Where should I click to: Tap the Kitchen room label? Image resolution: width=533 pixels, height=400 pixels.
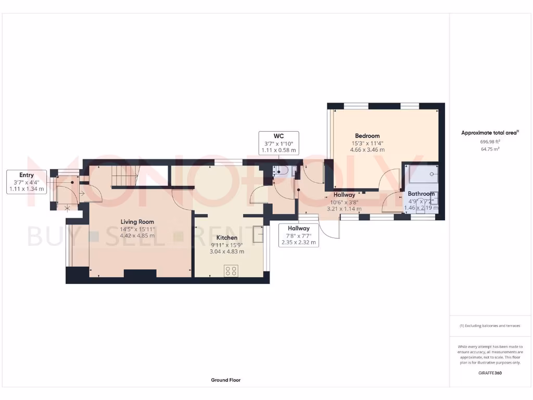[x=226, y=238]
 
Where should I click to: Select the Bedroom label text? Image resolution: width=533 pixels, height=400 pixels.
[x=368, y=136]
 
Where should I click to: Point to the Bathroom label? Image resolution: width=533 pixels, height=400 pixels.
[x=421, y=194]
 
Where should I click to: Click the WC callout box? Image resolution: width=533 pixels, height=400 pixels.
[x=278, y=143]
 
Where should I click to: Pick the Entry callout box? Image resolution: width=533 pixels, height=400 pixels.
[x=27, y=182]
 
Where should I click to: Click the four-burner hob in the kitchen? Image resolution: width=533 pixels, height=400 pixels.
[x=231, y=271]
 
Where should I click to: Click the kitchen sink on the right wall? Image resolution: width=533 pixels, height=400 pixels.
[x=258, y=235]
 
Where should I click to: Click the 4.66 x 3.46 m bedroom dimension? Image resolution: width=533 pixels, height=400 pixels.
[x=368, y=149]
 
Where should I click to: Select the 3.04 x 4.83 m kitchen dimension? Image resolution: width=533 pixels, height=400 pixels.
[x=226, y=251]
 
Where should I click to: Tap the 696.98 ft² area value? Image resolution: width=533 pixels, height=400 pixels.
[x=490, y=141]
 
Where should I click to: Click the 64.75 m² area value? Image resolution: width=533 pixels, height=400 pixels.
[x=490, y=149]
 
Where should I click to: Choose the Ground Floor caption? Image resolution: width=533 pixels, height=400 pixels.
[x=226, y=380]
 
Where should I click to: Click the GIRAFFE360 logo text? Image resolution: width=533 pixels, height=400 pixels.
[x=490, y=373]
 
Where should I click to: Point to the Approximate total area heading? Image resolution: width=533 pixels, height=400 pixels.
[x=489, y=133]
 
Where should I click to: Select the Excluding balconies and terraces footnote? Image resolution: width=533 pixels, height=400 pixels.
[x=490, y=326]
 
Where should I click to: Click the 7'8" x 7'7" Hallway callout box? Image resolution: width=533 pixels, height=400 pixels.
[x=298, y=235]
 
